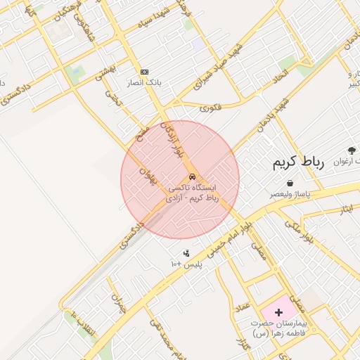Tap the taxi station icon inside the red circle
tap(192, 176)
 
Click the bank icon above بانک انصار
tap(144, 72)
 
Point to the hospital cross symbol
tap(278, 311)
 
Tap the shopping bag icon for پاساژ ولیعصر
tap(290, 183)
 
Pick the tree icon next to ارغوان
tap(352, 150)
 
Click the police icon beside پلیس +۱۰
tap(186, 253)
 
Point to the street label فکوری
tap(210, 108)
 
